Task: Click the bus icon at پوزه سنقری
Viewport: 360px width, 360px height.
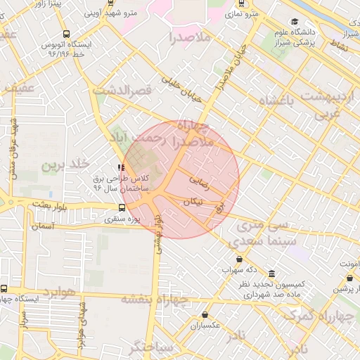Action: click(122, 207)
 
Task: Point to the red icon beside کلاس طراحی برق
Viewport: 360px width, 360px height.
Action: click(121, 168)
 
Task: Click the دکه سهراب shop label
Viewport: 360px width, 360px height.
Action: click(239, 269)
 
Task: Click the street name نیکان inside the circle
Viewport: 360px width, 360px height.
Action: click(192, 201)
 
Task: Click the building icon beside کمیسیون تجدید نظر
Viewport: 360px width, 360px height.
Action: click(271, 274)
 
